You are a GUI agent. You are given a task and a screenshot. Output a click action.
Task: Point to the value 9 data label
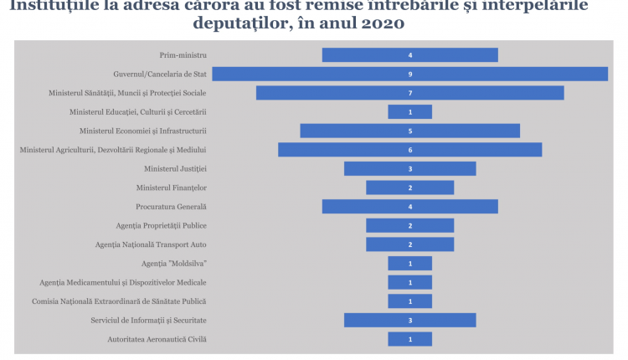410,74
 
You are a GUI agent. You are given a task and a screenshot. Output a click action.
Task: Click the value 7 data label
410,93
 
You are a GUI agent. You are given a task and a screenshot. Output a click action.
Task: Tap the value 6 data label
410,150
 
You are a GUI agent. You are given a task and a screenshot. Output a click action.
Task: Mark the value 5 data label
410,131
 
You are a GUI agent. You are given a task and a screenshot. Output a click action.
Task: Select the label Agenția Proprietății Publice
162,225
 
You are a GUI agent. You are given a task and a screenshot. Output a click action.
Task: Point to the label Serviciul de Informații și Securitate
149,320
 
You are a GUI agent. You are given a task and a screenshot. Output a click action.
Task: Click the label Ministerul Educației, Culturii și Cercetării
138,112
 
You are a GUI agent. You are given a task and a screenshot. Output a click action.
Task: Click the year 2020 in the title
382,23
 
